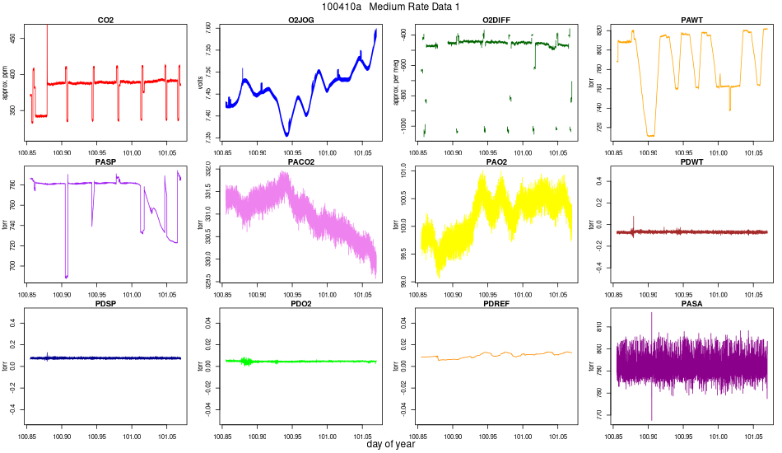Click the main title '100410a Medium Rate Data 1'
click(391, 7)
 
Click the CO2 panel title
click(105, 19)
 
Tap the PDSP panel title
click(105, 305)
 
